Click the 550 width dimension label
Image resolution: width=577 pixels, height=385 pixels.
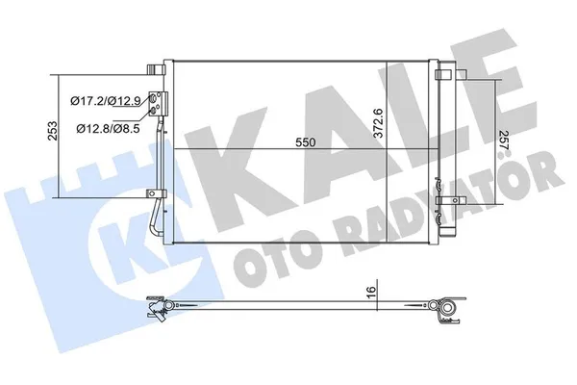coord(306,141)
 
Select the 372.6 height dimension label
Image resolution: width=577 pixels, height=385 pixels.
coord(378,123)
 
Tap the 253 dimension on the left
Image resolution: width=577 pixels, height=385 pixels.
coord(53,131)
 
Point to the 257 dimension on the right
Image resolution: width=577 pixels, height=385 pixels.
coord(504,140)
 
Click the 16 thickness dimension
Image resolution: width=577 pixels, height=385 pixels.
coord(371,291)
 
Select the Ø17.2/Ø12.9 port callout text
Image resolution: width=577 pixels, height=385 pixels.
coord(106,100)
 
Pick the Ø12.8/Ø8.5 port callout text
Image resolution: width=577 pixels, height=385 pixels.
coord(108,128)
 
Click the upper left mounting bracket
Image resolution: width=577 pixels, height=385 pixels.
coord(155,69)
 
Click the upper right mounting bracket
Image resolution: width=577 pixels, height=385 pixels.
coord(442,74)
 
